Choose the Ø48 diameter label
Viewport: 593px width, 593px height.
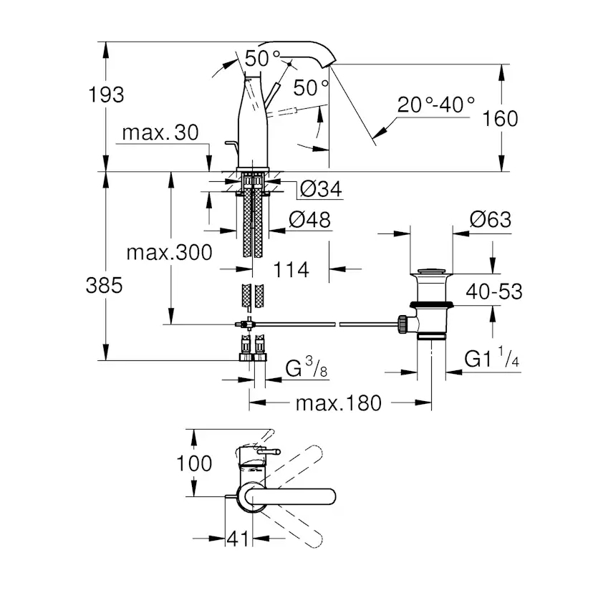point(310,220)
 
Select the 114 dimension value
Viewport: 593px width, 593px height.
point(291,269)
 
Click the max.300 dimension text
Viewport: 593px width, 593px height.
point(169,252)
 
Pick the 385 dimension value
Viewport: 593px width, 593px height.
point(105,285)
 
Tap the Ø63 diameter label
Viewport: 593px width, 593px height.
point(491,219)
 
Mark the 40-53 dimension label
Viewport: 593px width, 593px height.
point(493,291)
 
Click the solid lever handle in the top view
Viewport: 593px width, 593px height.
point(301,499)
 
